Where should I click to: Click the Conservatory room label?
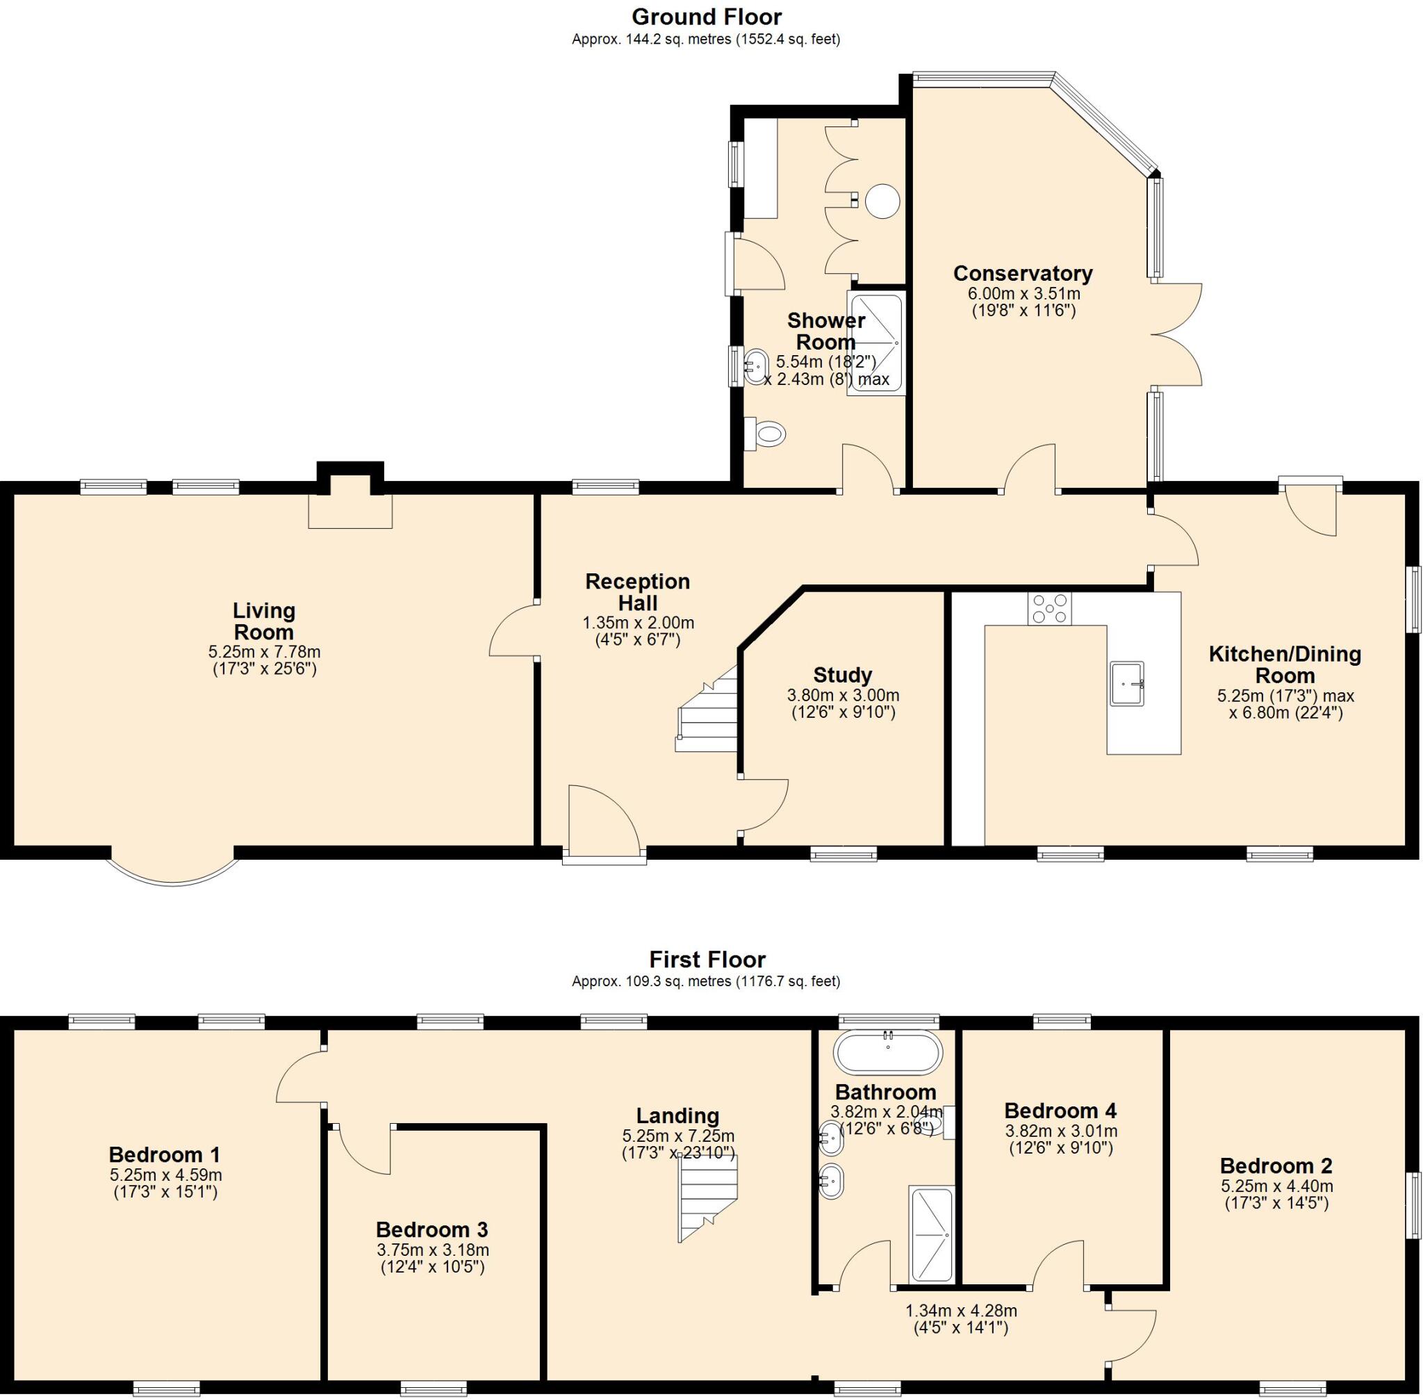click(1022, 273)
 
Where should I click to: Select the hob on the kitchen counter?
click(1049, 608)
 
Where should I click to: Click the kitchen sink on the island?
click(1126, 683)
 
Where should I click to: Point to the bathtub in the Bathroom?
click(887, 1053)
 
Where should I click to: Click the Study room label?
click(842, 675)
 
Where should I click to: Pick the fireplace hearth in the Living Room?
click(349, 511)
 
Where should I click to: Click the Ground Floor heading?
click(706, 16)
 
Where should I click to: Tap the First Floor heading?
click(707, 959)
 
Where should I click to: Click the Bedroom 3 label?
click(431, 1229)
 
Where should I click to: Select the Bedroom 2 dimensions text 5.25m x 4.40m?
click(1276, 1185)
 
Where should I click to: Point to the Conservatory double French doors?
click(1178, 334)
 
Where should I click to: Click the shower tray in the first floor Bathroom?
click(931, 1235)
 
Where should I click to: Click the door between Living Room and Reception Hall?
click(512, 630)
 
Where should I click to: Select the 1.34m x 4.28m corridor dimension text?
click(960, 1310)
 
